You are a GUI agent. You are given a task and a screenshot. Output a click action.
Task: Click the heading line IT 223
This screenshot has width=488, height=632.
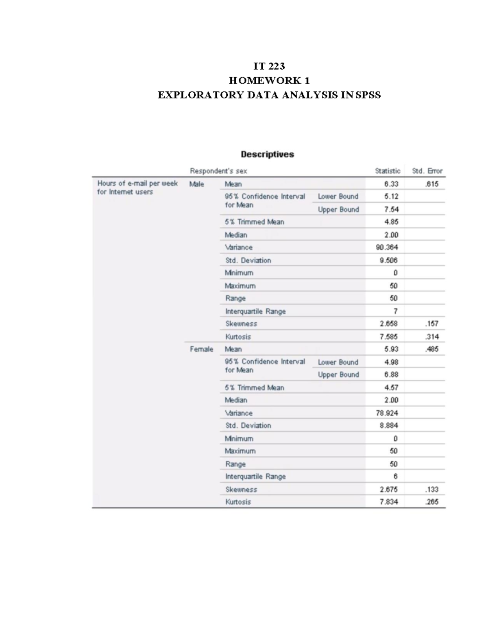[269, 66]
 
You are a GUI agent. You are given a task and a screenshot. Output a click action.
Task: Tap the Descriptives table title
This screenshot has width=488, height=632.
[267, 154]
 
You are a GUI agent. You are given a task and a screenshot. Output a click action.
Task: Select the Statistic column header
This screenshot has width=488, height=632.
[388, 171]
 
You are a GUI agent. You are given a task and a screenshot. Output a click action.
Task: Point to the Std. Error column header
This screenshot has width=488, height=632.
[427, 171]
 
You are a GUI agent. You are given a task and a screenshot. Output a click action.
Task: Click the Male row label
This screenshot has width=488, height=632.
[197, 184]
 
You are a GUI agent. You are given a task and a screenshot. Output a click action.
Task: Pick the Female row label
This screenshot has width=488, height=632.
[201, 349]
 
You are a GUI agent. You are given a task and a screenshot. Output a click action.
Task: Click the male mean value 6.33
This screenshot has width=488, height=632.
[391, 184]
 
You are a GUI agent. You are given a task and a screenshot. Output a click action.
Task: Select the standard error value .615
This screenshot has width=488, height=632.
[431, 184]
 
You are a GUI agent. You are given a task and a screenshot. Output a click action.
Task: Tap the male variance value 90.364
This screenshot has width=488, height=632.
[387, 247]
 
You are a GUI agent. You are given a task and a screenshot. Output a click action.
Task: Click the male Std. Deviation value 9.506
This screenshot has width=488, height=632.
[388, 260]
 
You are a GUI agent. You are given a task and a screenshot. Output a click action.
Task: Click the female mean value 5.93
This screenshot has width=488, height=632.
[391, 349]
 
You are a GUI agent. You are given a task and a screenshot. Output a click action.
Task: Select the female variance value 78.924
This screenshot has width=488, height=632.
[387, 413]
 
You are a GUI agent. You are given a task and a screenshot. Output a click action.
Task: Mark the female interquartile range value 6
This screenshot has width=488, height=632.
[395, 477]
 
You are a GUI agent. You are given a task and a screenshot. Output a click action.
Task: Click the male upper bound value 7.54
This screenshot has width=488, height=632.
[391, 209]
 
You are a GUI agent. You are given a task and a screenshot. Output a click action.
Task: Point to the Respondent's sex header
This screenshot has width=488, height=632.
[218, 171]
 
